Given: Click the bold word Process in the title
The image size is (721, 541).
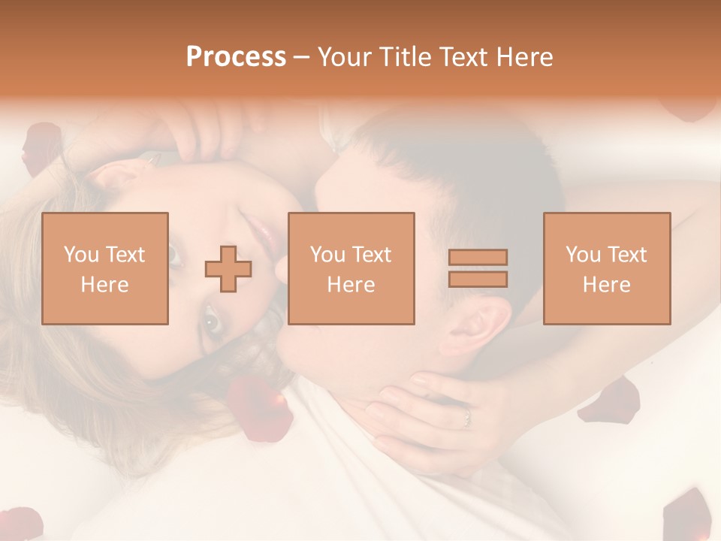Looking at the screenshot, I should click(x=236, y=57).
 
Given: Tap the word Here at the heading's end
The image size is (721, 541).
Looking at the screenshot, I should click(x=525, y=57).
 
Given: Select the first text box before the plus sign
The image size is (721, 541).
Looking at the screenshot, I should click(x=105, y=268).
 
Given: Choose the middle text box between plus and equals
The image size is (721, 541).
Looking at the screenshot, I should click(x=351, y=268).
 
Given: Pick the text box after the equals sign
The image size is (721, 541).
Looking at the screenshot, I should click(x=607, y=268).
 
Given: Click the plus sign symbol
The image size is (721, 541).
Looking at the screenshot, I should click(x=228, y=269).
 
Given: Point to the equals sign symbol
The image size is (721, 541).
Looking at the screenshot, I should click(x=478, y=268).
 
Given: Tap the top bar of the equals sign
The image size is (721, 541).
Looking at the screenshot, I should click(x=478, y=258).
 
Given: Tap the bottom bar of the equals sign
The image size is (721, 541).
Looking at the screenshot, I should click(x=478, y=280).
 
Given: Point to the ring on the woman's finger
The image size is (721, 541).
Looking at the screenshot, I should click(x=466, y=416).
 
